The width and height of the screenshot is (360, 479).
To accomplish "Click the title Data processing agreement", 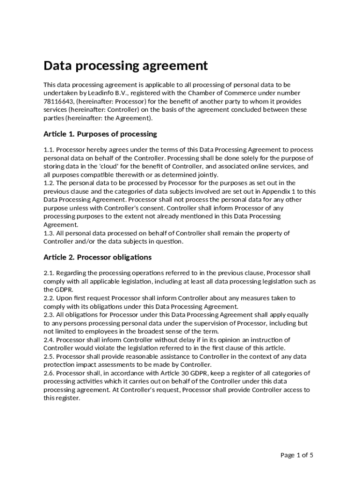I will (125, 65).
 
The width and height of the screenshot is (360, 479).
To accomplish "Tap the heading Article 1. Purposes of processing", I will (100, 134).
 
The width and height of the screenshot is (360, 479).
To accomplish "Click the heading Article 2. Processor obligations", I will (97, 257).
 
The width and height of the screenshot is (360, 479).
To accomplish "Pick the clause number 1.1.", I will (49, 150).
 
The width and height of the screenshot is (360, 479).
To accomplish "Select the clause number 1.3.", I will (49, 233).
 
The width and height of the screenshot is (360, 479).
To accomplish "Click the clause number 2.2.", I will (49, 298).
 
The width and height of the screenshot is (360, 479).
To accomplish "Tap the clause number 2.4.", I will (49, 340).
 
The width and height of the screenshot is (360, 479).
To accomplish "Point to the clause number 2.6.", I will (49, 373).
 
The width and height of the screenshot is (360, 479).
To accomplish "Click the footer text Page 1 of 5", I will (296, 455).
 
